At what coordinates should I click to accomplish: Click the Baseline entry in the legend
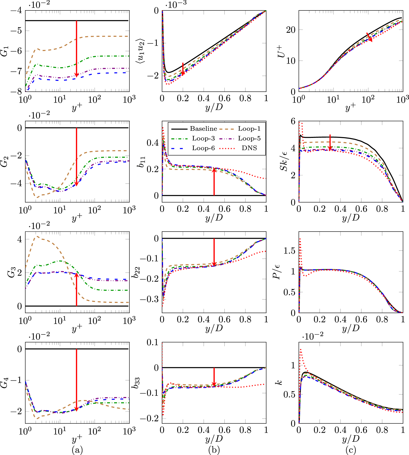point(203,129)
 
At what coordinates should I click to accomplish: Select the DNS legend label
point(249,148)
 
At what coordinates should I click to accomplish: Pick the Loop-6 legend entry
point(203,148)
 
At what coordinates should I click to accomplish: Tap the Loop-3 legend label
point(203,139)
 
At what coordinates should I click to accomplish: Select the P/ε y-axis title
point(277,272)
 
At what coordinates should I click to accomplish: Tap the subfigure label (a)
point(77,450)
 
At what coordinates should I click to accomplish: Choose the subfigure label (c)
point(351,450)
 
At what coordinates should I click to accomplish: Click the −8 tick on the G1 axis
point(16,91)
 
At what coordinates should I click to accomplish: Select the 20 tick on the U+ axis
point(291,30)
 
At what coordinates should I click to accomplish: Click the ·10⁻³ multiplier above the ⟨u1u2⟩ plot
point(176,4)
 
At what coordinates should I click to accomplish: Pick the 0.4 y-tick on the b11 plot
point(153,143)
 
